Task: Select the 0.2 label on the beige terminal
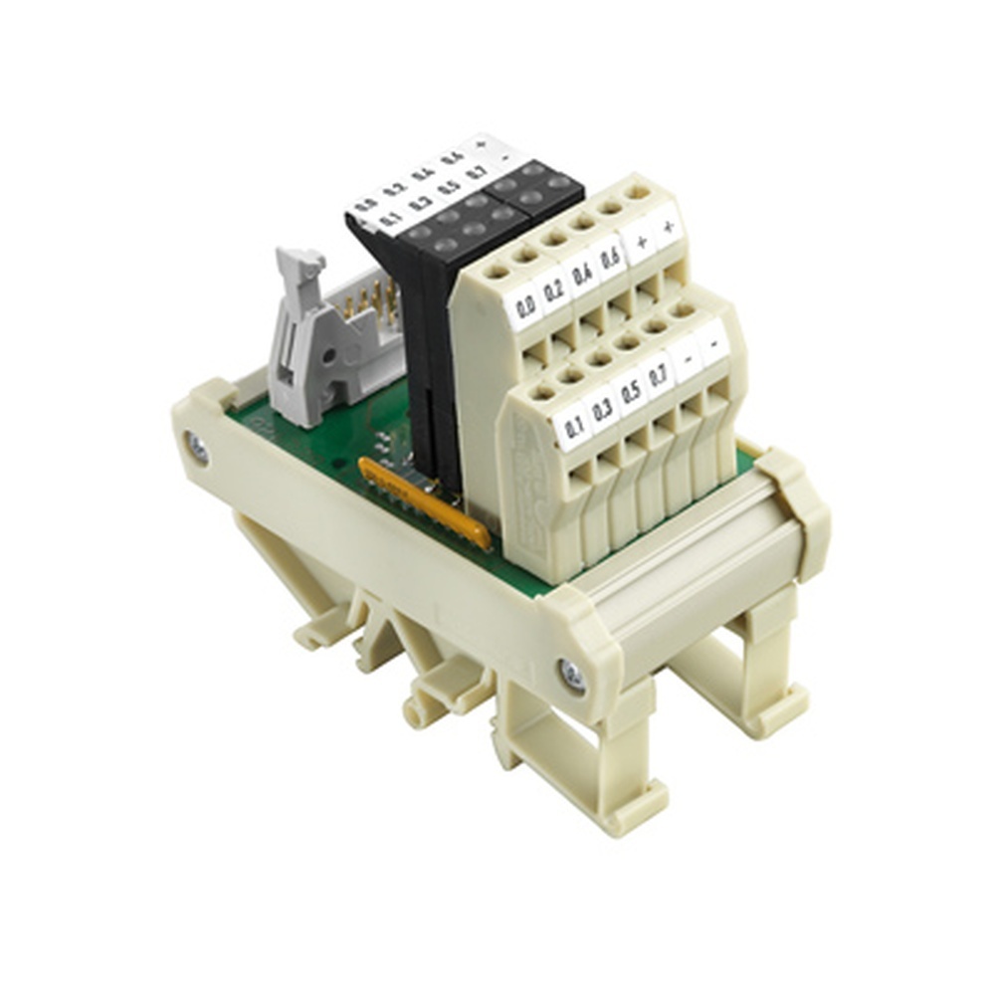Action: point(554,290)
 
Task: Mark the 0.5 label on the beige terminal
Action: point(631,391)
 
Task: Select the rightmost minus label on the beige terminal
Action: point(712,342)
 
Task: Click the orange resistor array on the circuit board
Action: point(425,502)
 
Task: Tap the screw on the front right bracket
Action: point(572,676)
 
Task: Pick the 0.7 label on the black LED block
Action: point(477,172)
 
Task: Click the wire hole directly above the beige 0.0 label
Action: point(496,270)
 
